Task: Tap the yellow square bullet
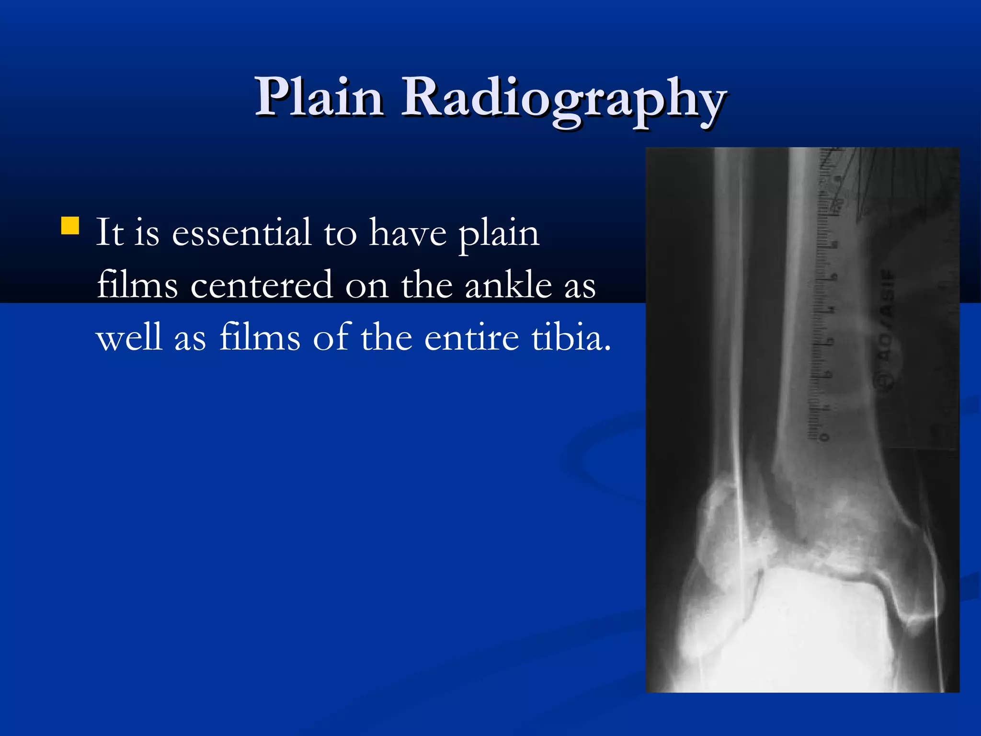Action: coord(70,226)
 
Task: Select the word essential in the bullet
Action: coord(241,232)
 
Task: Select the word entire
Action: coord(471,337)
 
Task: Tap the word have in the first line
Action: coord(408,232)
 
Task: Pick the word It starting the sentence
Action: coord(110,232)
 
